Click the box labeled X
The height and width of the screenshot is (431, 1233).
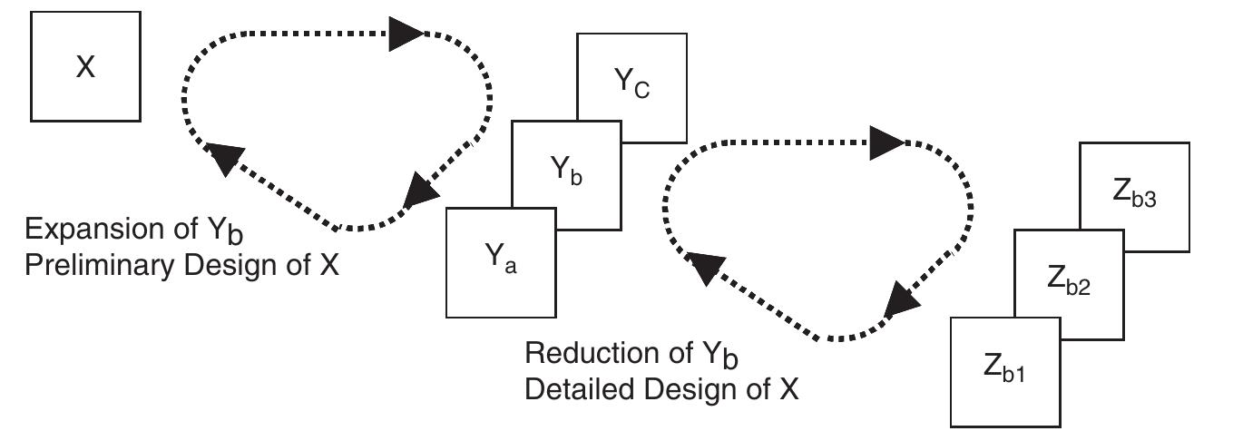pos(85,66)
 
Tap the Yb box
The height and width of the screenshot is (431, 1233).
pos(566,172)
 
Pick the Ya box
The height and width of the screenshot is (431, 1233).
pos(500,263)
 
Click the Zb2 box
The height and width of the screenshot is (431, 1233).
pos(1068,284)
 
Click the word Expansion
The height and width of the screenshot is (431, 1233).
pos(76,229)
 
